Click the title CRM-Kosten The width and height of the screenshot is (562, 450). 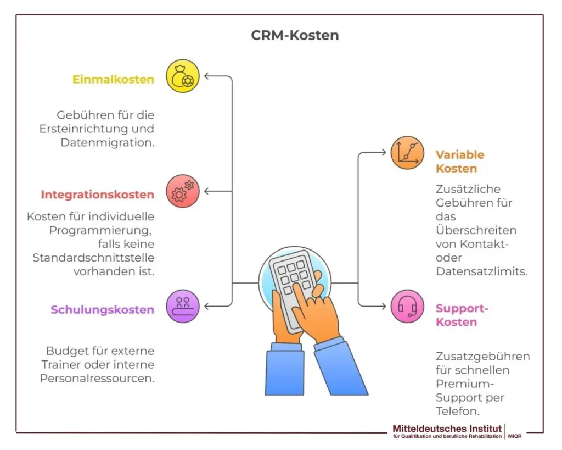295,36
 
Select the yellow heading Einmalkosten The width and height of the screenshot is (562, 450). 113,80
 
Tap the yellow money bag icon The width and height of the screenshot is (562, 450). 183,76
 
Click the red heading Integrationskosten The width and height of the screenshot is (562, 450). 97,195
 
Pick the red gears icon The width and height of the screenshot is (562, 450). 183,191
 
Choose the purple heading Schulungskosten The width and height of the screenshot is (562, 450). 102,310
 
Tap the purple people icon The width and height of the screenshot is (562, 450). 183,306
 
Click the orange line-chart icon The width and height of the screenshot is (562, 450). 407,153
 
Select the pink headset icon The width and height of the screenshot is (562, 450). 407,306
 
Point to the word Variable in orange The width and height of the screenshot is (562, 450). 460,155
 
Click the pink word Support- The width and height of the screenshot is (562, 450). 462,308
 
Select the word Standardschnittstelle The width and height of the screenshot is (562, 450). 93,258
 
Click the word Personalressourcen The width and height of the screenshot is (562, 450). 97,379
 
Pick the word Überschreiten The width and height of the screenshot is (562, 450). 476,230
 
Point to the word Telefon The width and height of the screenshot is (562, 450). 458,411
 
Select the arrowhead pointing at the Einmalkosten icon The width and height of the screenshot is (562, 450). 208,76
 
